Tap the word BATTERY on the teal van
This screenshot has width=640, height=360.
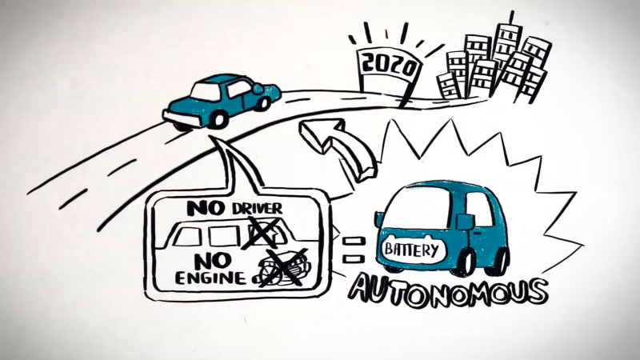(x=412, y=250)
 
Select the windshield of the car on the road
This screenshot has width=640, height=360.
(x=206, y=90)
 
